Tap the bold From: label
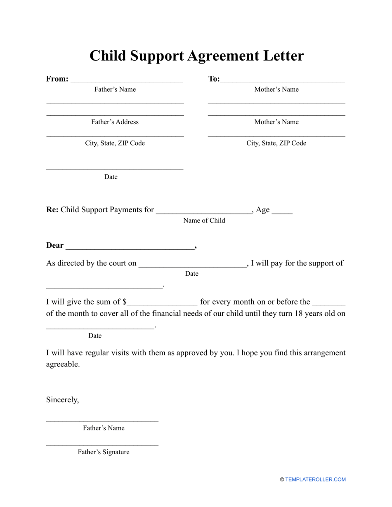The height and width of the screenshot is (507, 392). pyautogui.click(x=57, y=79)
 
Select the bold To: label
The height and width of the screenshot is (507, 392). pyautogui.click(x=214, y=79)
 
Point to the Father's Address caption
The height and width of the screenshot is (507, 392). pyautogui.click(x=115, y=122)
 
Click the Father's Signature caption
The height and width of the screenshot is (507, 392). pyautogui.click(x=104, y=452)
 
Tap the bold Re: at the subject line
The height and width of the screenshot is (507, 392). pyautogui.click(x=52, y=210)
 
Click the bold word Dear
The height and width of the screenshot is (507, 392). pyautogui.click(x=55, y=246)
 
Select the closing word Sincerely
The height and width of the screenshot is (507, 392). pyautogui.click(x=62, y=400)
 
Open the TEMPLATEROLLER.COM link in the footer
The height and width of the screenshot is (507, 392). pyautogui.click(x=315, y=479)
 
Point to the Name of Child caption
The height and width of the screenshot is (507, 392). pyautogui.click(x=204, y=221)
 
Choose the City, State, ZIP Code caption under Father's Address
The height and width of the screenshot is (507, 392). pyautogui.click(x=115, y=143)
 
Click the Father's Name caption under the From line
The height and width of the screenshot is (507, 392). pyautogui.click(x=115, y=89)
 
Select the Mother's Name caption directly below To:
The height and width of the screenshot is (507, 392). pyautogui.click(x=276, y=89)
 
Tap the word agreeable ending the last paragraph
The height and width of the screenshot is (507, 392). pyautogui.click(x=63, y=364)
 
